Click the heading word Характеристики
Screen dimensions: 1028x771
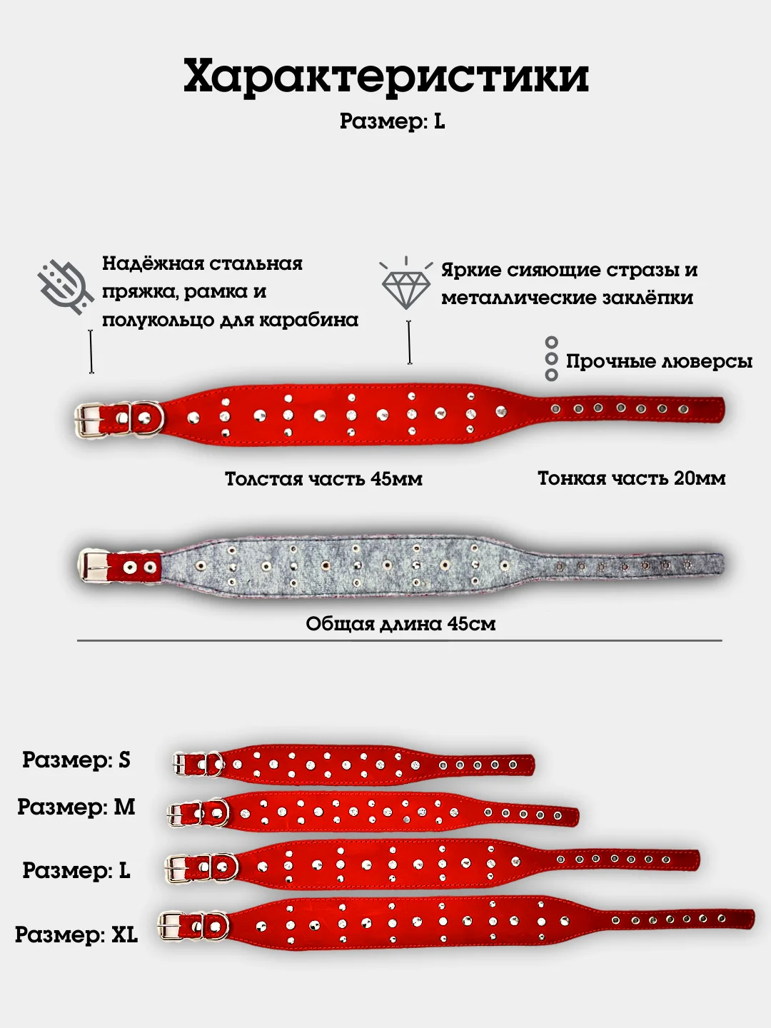point(385,76)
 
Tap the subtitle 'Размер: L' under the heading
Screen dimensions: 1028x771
point(392,121)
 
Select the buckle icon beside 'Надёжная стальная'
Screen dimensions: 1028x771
point(65,287)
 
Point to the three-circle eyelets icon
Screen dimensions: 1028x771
point(551,359)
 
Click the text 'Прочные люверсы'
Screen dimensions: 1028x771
point(658,361)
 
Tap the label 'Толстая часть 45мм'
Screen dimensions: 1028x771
point(323,478)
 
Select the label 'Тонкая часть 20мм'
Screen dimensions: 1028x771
point(631,478)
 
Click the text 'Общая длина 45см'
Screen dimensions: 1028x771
point(400,624)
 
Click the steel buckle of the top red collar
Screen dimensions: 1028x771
point(91,420)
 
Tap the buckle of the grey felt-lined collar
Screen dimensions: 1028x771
point(94,565)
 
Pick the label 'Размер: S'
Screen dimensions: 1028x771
point(76,760)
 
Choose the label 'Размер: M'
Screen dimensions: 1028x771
point(76,807)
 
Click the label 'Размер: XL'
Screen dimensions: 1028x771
point(76,934)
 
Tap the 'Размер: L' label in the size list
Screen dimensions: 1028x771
point(76,870)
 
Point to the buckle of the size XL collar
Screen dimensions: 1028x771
point(171,927)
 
